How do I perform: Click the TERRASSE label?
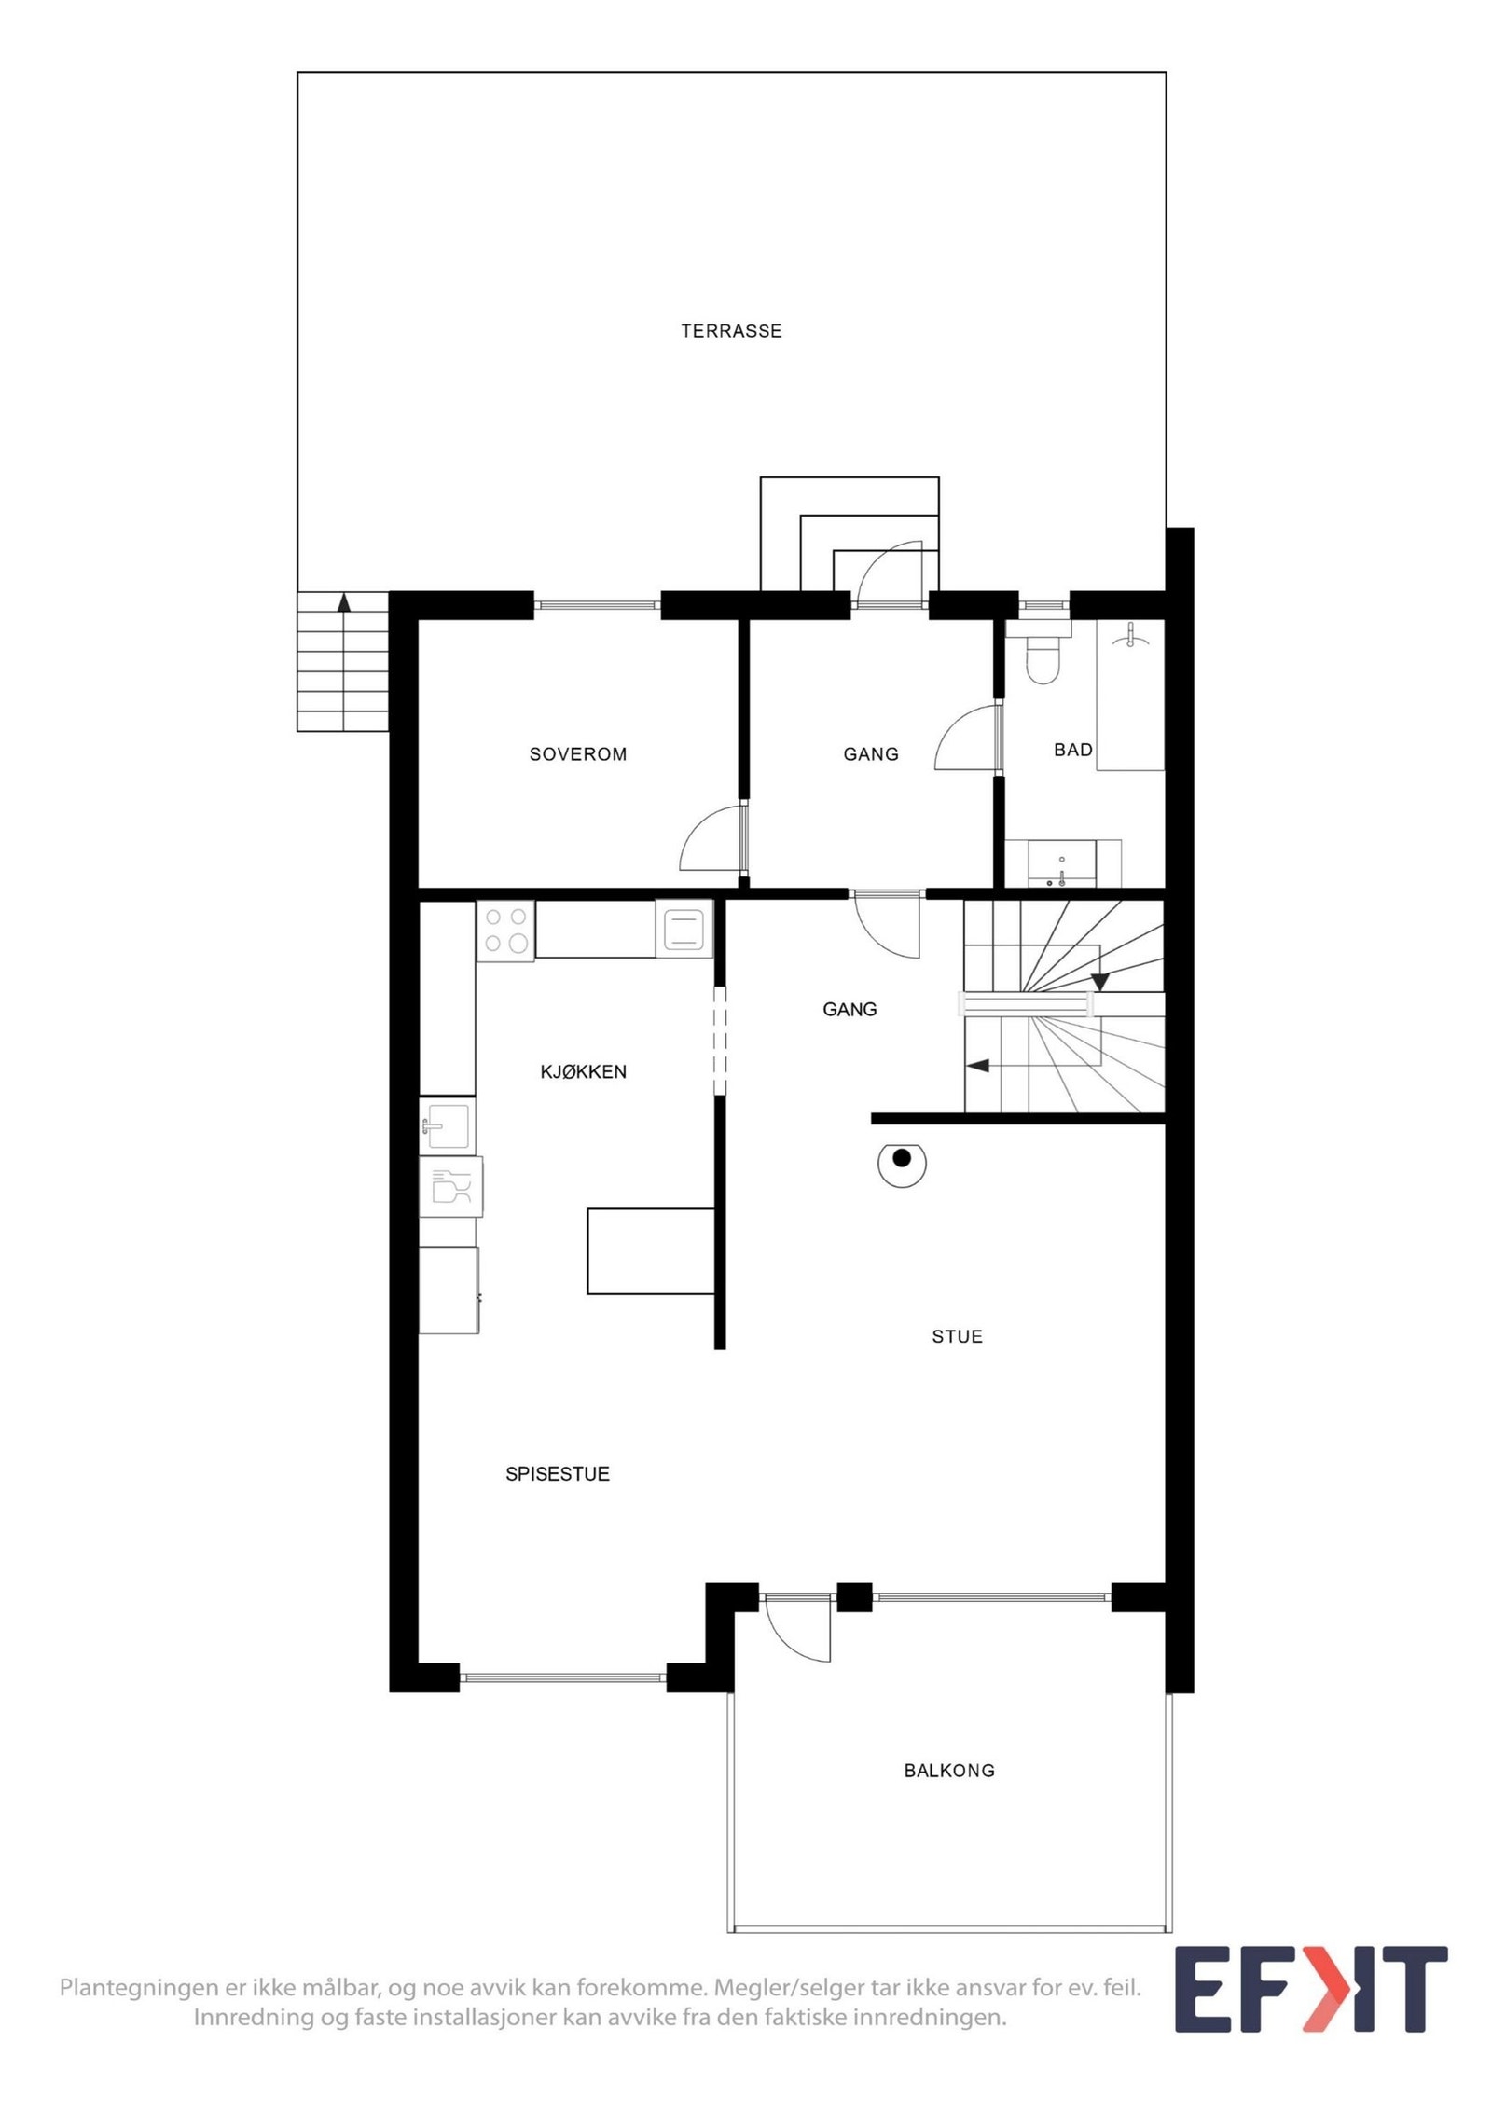coord(731,331)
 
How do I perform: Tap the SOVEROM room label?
coord(578,754)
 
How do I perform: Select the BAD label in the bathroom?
coord(1072,750)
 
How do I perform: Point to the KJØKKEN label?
coord(584,1072)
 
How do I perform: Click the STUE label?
coord(957,1337)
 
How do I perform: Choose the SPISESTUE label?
coord(558,1474)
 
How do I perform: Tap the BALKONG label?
coord(949,1771)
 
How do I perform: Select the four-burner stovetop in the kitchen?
coord(505,930)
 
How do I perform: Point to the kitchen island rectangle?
coord(651,1250)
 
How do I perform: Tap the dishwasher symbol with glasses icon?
coord(450,1187)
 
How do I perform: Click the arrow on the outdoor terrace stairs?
coord(344,602)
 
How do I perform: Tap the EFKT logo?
coord(1310,1992)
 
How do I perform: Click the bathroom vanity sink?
coord(1062,863)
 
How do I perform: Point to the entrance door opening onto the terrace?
coord(891,573)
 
